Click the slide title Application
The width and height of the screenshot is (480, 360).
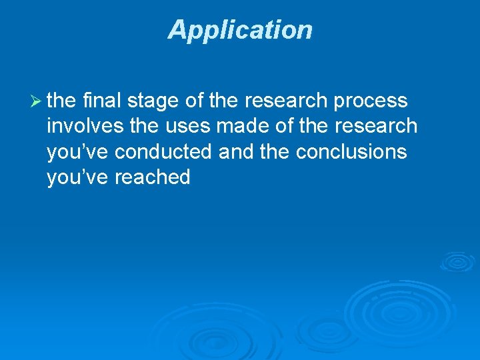click(x=240, y=30)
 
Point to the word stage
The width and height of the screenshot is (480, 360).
click(x=154, y=101)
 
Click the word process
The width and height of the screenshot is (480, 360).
click(x=370, y=101)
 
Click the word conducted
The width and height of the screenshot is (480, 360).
click(x=163, y=151)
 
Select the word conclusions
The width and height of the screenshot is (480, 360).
click(x=351, y=151)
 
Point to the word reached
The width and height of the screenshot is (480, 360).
click(x=152, y=177)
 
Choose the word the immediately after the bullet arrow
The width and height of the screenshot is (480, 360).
click(x=62, y=101)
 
